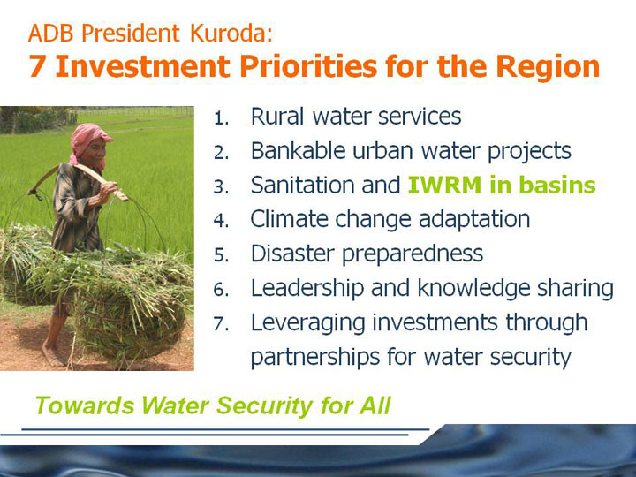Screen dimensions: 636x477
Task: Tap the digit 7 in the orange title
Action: tap(37, 66)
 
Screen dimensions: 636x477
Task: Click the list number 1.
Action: tap(221, 118)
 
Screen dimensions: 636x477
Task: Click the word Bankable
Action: tap(299, 150)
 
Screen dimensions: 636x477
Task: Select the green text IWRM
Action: tap(444, 185)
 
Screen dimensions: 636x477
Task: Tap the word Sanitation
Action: tap(302, 185)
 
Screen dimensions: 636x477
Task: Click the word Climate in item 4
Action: tap(289, 219)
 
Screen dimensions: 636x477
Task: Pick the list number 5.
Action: tap(221, 255)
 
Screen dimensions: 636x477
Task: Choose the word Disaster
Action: tap(293, 254)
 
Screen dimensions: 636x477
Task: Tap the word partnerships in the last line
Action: tap(314, 358)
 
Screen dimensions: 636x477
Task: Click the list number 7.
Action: tap(221, 324)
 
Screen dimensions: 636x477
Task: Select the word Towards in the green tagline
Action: tap(85, 405)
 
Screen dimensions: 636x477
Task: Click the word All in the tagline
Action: tap(375, 405)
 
